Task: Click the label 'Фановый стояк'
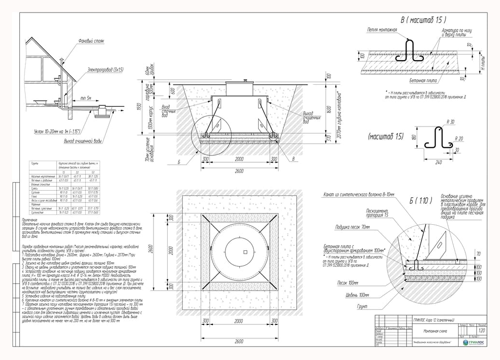click(91, 41)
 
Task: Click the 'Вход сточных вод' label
click(168, 111)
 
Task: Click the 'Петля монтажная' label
click(382, 30)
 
